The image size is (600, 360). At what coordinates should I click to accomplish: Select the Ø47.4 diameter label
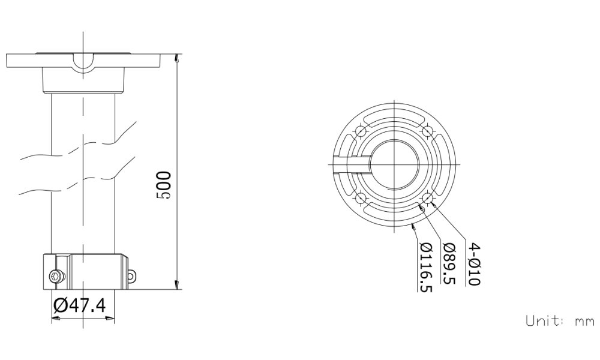tap(79, 305)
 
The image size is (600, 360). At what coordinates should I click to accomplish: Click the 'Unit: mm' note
tap(559, 320)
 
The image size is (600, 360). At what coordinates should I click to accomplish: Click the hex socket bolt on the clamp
tap(55, 276)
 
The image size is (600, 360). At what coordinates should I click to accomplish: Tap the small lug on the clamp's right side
tap(131, 275)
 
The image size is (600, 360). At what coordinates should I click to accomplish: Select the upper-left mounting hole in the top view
tap(360, 131)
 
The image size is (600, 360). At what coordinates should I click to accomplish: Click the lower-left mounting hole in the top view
tap(360, 198)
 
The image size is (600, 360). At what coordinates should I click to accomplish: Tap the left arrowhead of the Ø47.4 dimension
tap(55, 319)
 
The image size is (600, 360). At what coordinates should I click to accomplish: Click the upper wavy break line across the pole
tap(78, 150)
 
